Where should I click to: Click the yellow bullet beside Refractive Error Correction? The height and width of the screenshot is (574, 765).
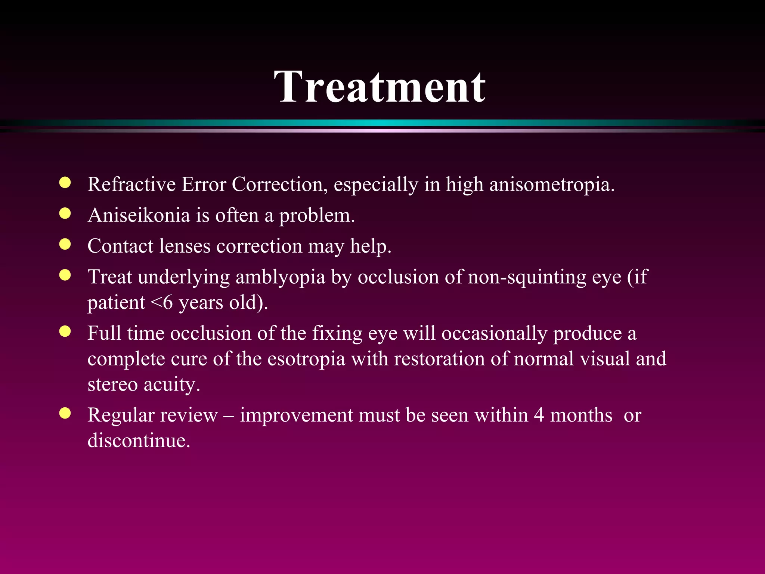[65, 183]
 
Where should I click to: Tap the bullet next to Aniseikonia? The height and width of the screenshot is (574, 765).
[65, 213]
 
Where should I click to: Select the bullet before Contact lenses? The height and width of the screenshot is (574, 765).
[65, 244]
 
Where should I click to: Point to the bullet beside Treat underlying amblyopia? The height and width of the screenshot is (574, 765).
[65, 275]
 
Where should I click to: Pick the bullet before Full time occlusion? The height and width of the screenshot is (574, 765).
[65, 331]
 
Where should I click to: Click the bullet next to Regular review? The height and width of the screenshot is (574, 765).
[65, 413]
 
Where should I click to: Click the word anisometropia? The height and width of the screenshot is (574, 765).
[551, 185]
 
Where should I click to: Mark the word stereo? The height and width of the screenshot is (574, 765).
[112, 385]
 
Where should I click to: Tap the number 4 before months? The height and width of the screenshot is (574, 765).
[539, 415]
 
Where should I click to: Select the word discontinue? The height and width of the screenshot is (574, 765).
[139, 441]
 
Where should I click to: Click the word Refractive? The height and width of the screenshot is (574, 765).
[131, 185]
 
